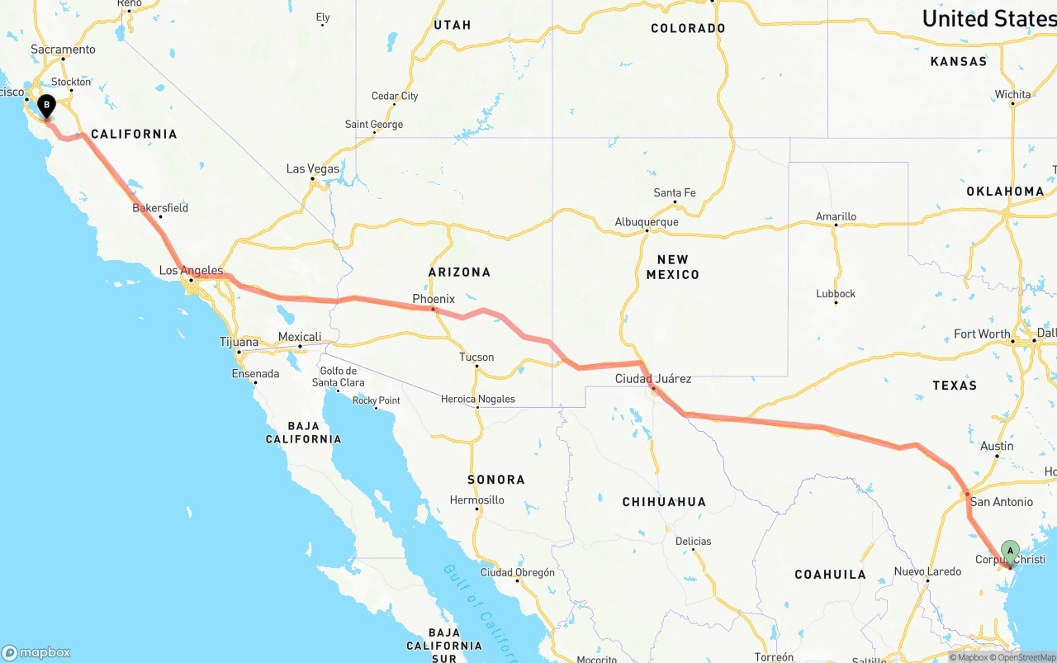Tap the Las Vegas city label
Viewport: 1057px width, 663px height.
point(313,168)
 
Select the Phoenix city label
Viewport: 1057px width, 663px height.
point(434,299)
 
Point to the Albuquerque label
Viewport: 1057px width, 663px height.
point(647,222)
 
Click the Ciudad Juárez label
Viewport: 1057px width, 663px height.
point(653,379)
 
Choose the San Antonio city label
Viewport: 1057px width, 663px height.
point(1001,502)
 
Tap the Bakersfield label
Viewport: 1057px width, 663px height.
point(160,208)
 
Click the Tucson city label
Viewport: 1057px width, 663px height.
point(476,358)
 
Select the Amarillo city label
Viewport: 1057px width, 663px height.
point(836,216)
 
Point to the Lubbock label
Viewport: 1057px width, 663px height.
point(836,294)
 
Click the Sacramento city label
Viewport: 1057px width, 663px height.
point(64,50)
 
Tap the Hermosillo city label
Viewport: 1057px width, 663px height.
point(477,500)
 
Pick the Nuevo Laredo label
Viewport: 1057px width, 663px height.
point(927,571)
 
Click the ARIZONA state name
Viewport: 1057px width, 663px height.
point(459,272)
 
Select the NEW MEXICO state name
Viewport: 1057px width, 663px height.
point(672,267)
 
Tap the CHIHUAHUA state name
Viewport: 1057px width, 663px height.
point(664,502)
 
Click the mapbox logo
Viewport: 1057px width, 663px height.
point(36,652)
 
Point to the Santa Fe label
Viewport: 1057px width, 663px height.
point(675,193)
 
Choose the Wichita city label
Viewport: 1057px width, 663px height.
point(1012,95)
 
